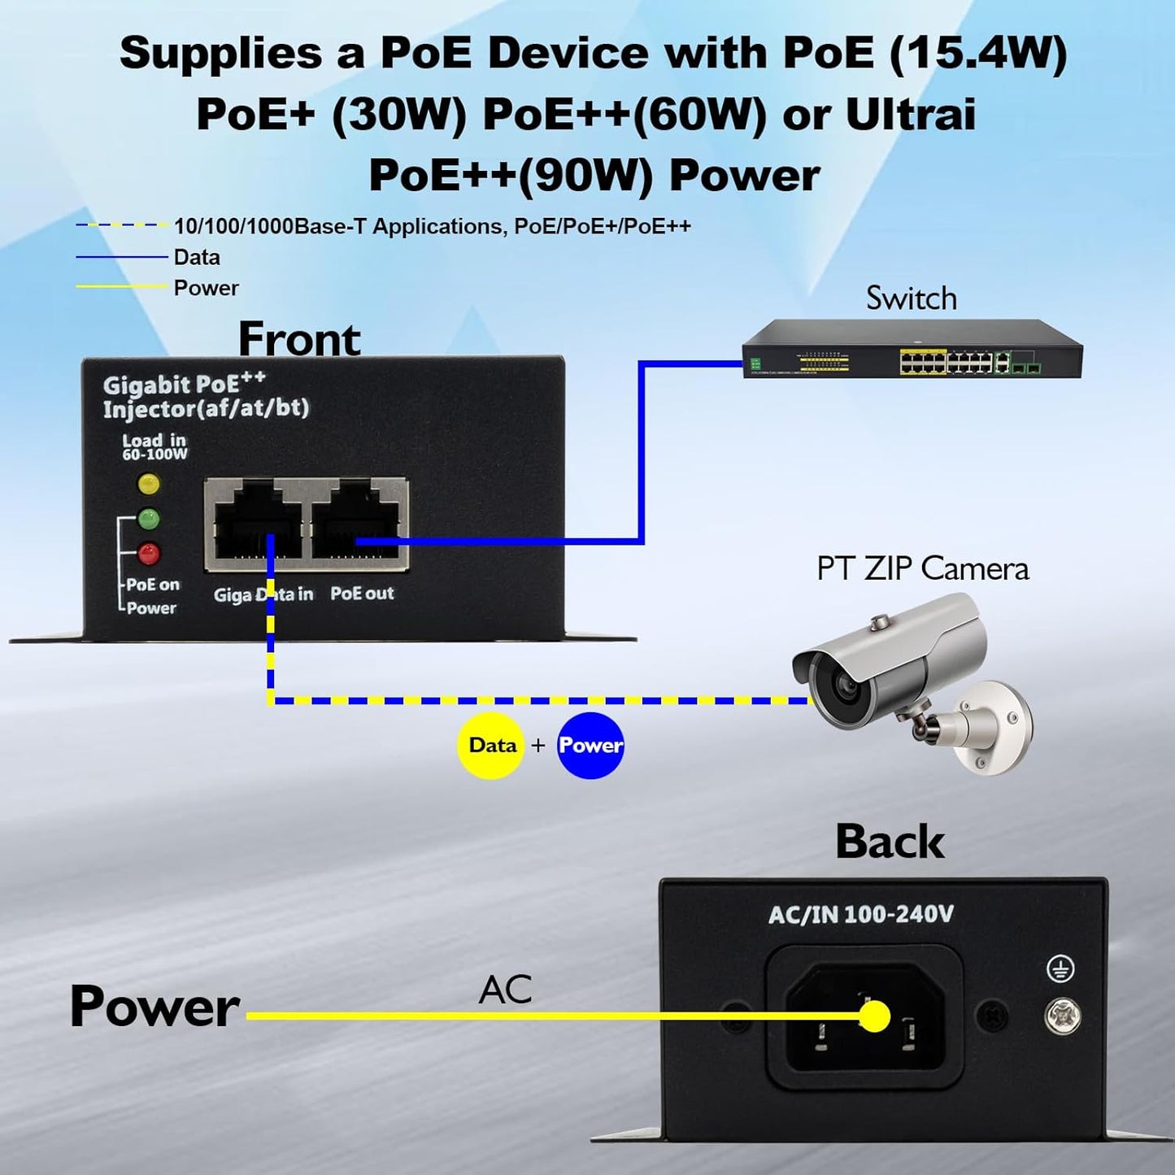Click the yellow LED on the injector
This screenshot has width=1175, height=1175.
(x=149, y=484)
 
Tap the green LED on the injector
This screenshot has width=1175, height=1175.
(x=149, y=518)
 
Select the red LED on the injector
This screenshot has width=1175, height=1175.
(x=149, y=553)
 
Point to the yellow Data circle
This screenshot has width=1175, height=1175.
(x=491, y=746)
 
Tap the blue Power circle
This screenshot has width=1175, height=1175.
(x=590, y=746)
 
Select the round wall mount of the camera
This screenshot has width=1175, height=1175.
(x=995, y=726)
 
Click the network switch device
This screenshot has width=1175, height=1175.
(x=912, y=350)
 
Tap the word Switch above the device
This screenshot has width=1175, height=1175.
(x=911, y=298)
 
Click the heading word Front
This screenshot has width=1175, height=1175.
(x=299, y=339)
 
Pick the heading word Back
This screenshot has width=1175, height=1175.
(x=890, y=842)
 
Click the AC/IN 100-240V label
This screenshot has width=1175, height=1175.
(x=860, y=915)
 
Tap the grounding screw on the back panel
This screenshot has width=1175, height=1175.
(x=1062, y=1015)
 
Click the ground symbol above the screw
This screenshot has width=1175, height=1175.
(x=1060, y=968)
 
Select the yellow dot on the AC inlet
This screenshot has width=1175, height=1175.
(x=875, y=1016)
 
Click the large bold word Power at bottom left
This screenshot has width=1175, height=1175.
(x=154, y=1007)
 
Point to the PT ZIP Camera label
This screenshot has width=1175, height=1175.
(x=922, y=568)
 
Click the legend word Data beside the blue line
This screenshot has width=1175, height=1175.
(x=197, y=258)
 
